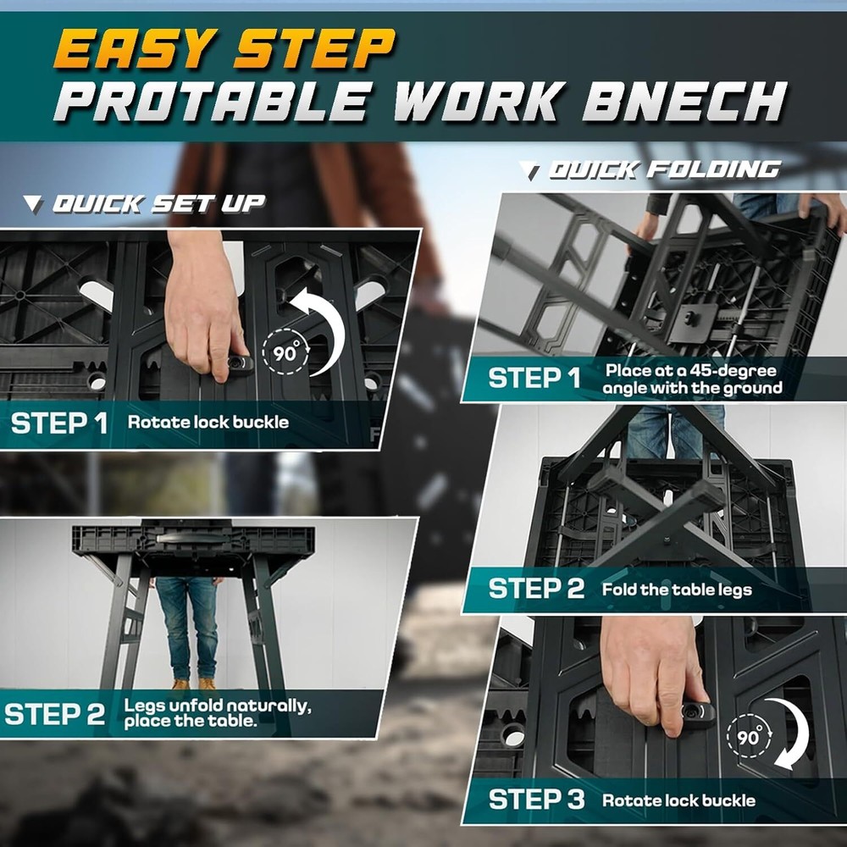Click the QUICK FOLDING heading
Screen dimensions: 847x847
[x=664, y=170]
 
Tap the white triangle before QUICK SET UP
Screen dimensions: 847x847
[x=33, y=203]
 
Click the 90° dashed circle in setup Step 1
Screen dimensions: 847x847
[x=288, y=351]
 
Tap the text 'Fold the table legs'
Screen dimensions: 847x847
[x=677, y=590]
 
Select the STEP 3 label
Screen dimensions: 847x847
[x=537, y=800]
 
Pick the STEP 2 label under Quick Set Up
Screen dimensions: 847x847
[x=54, y=714]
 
